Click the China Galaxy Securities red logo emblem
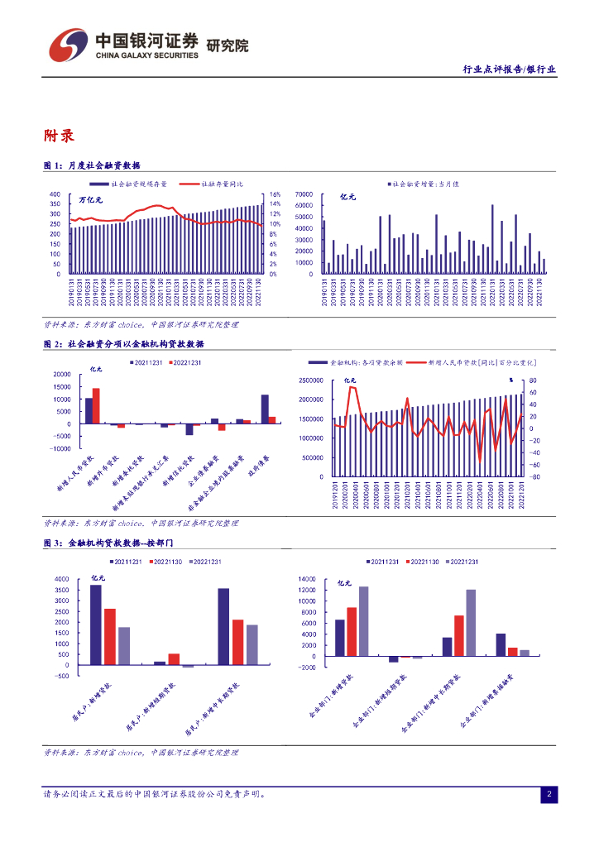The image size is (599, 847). coord(66,45)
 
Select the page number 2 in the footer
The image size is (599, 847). coord(549,795)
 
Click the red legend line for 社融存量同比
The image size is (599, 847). coord(188,184)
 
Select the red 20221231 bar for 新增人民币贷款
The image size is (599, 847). coord(96,406)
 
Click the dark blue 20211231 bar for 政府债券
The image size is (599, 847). coord(265,409)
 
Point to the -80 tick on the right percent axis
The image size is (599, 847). coord(534,476)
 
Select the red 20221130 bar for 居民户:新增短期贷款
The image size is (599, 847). coord(174,659)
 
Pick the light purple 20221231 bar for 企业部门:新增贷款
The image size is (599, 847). coord(363,621)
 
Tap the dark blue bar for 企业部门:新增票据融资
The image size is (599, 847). coord(501,644)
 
